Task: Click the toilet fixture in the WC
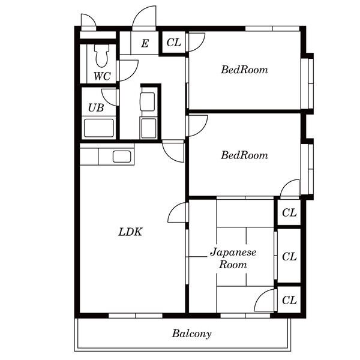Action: [101, 56]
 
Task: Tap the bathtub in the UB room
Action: [99, 128]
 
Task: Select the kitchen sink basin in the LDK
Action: [122, 157]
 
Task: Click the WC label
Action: [102, 76]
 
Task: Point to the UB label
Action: [96, 107]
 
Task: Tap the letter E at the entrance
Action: [145, 43]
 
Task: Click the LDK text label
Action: [130, 232]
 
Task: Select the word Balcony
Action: [192, 334]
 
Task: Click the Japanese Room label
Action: [233, 258]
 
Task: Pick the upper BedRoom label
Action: [245, 70]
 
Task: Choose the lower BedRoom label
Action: [245, 155]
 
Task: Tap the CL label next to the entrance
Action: [174, 43]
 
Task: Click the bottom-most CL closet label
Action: [289, 300]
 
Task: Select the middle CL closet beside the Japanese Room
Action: [289, 256]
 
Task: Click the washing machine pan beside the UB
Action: [149, 128]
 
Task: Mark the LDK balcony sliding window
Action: [136, 316]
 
